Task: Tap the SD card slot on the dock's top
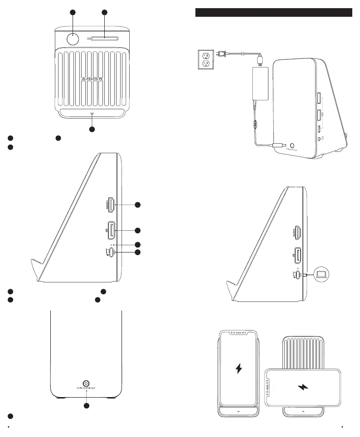(x=105, y=39)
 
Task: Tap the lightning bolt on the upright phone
(x=238, y=369)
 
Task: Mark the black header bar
(x=273, y=12)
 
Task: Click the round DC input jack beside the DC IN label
(x=85, y=382)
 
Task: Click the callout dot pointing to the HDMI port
(x=137, y=205)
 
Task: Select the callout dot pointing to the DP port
(x=137, y=230)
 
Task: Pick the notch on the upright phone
(x=239, y=333)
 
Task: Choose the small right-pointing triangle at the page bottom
(x=343, y=427)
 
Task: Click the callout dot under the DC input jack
(x=86, y=405)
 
